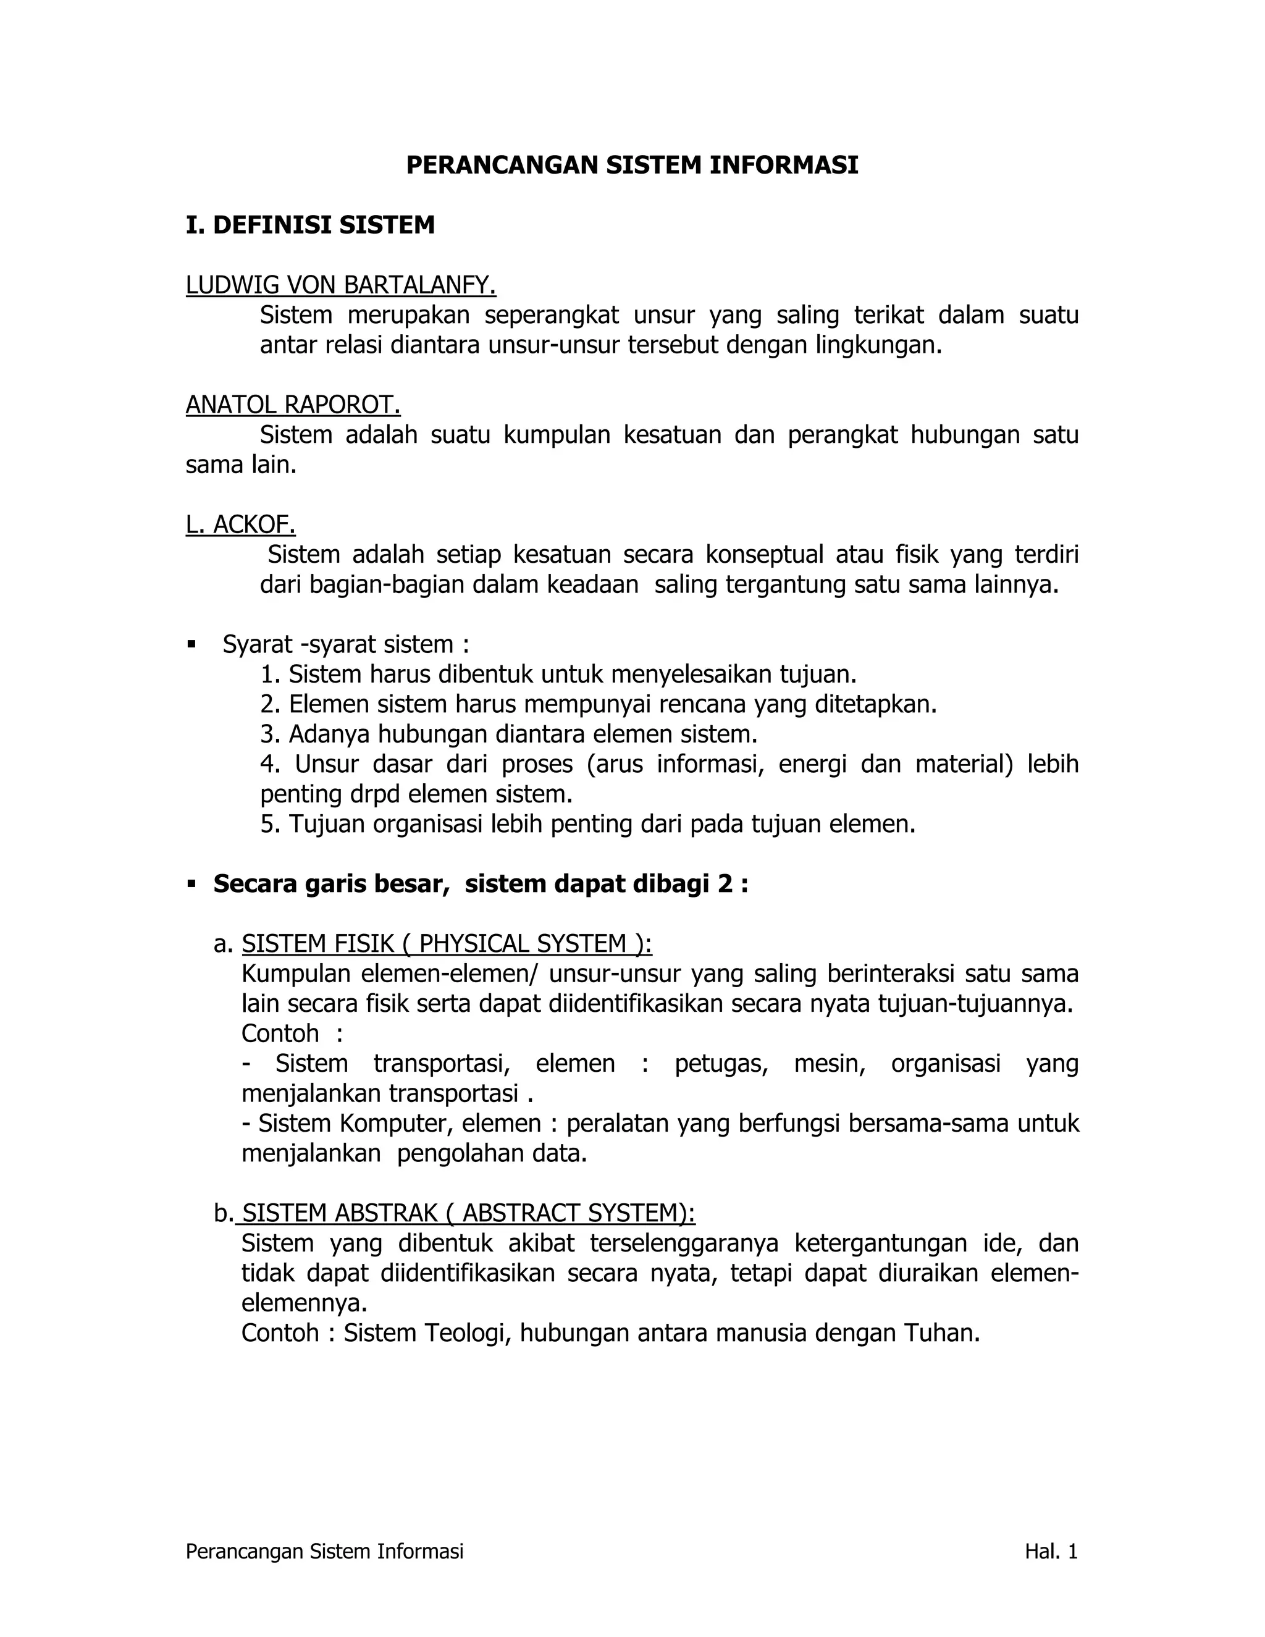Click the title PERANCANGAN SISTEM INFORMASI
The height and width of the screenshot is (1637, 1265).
click(x=632, y=165)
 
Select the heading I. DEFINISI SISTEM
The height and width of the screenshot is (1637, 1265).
click(x=310, y=225)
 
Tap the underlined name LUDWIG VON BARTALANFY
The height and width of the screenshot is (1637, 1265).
click(x=341, y=285)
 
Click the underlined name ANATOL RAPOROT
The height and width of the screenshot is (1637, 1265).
click(x=293, y=405)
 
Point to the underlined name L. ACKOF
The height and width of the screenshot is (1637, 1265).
click(x=240, y=526)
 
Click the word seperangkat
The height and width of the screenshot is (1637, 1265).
click(x=552, y=316)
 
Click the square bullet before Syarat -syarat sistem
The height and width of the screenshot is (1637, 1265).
click(x=192, y=644)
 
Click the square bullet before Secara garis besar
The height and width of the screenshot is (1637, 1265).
click(x=192, y=885)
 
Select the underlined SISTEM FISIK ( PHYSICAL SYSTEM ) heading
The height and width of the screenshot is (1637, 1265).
click(x=447, y=945)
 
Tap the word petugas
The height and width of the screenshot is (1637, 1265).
click(x=721, y=1064)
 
